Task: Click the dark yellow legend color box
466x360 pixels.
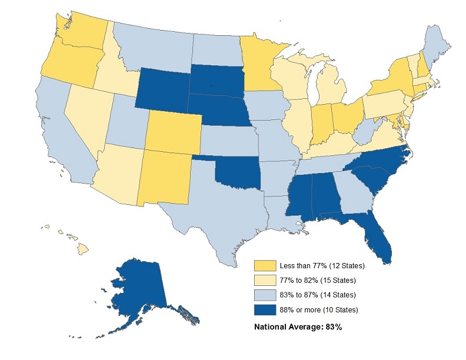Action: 264,265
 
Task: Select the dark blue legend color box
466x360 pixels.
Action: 264,309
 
